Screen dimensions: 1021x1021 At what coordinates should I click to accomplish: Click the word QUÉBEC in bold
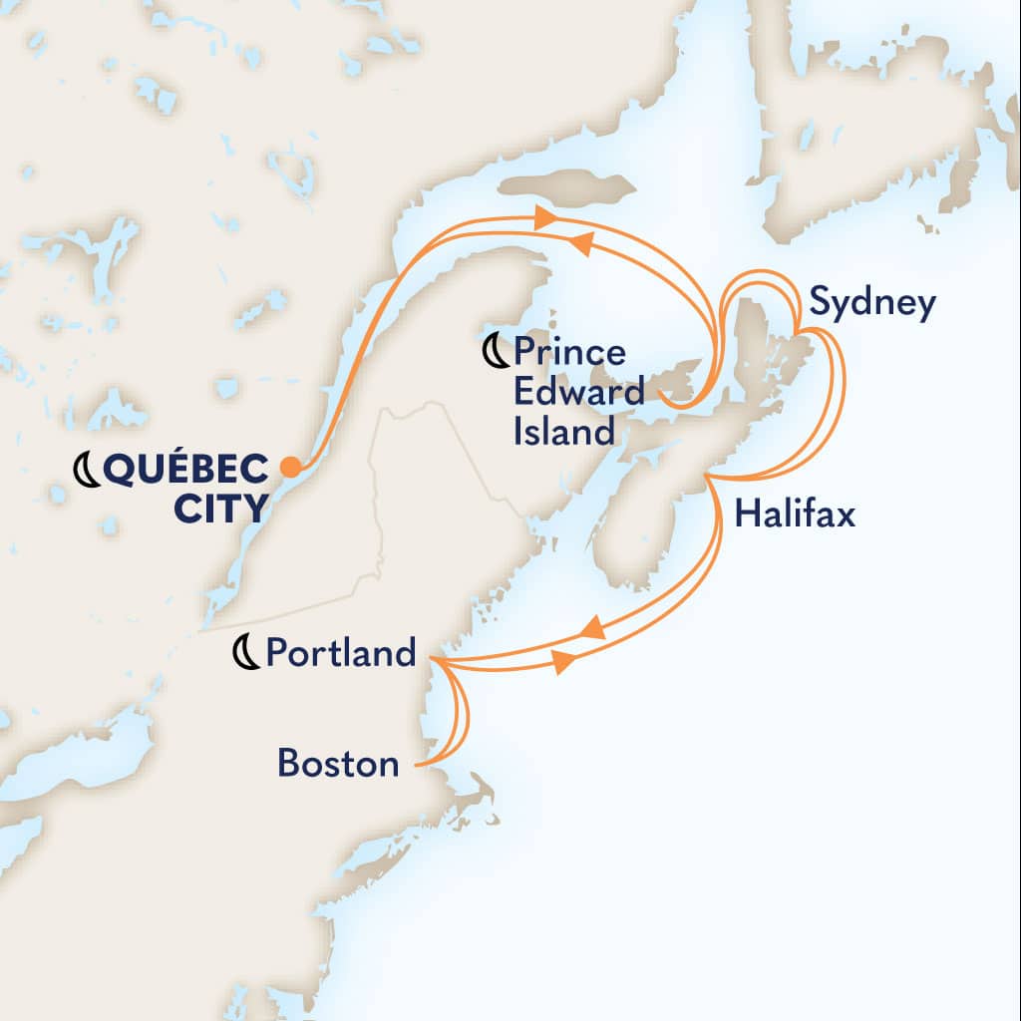click(184, 467)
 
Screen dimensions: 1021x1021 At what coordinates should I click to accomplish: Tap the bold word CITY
click(220, 509)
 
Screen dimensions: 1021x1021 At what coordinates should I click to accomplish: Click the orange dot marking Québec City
click(290, 466)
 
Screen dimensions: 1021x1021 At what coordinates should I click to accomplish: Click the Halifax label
click(795, 515)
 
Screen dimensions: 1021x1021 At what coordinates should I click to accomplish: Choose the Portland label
click(341, 653)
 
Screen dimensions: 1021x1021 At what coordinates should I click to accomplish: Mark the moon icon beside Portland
click(245, 653)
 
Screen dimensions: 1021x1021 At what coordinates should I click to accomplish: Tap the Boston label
click(338, 765)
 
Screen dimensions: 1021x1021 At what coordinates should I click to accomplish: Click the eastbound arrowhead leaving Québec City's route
click(543, 216)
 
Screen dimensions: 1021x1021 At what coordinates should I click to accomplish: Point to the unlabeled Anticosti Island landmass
click(566, 186)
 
